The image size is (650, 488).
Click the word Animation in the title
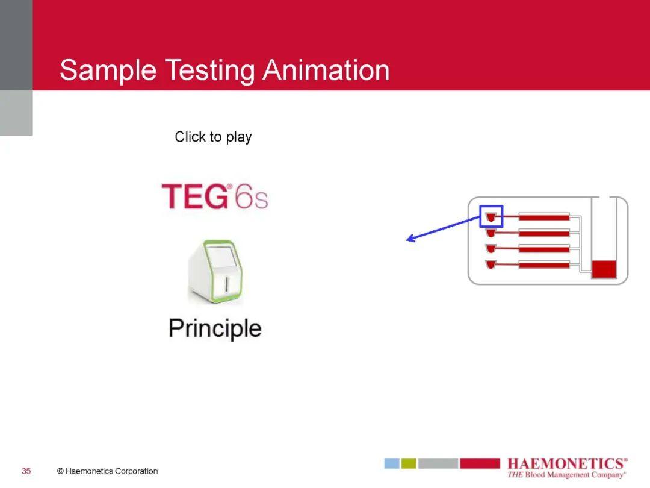point(326,70)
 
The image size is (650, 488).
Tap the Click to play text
point(213,137)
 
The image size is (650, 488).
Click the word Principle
point(215,329)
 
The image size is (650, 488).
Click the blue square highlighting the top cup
point(491,216)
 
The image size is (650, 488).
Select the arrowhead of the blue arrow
point(410,239)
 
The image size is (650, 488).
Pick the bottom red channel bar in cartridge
point(544,264)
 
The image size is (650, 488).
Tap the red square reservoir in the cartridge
point(604,269)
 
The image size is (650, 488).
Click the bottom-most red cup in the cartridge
point(491,264)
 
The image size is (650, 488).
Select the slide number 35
point(26,471)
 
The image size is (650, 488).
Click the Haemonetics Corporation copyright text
point(108,471)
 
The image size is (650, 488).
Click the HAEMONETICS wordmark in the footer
point(566,463)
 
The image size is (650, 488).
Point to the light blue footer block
point(392,463)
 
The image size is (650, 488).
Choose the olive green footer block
point(409,463)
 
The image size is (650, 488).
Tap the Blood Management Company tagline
point(566,475)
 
